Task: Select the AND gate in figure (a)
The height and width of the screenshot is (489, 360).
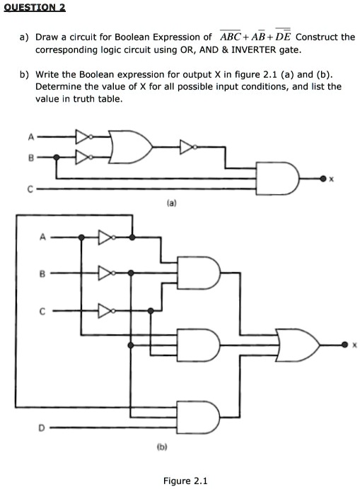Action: click(280, 179)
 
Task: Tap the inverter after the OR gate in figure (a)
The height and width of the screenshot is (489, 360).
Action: click(187, 146)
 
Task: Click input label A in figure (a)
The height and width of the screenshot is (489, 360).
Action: click(30, 137)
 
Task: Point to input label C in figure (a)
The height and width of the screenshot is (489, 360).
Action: click(30, 189)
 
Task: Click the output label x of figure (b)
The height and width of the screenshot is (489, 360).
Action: click(355, 345)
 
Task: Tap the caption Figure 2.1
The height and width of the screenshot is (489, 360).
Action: click(185, 481)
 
